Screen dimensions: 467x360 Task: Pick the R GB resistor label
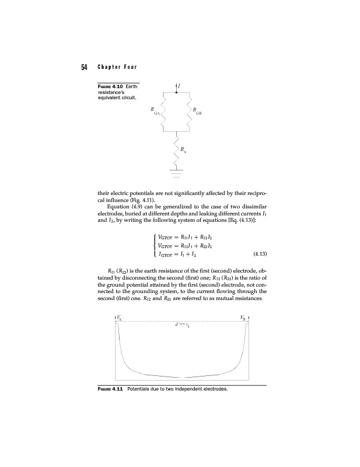click(x=197, y=110)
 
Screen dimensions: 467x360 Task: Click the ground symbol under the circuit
click(x=176, y=172)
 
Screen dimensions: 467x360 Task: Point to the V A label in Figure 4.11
click(x=120, y=318)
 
